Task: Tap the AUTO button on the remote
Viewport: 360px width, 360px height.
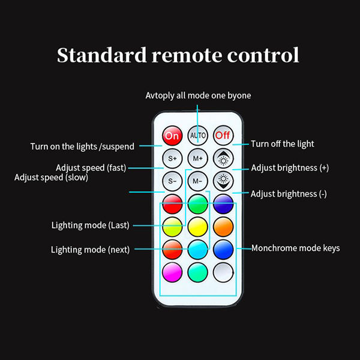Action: [197, 136]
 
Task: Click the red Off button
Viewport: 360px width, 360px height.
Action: [223, 136]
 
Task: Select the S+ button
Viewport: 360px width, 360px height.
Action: [172, 158]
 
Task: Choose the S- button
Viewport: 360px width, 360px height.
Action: [172, 180]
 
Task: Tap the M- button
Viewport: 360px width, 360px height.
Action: [197, 180]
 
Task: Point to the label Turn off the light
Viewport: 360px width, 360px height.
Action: [283, 144]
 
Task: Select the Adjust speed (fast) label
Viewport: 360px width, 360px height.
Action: [91, 167]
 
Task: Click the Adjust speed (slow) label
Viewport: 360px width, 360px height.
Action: [52, 178]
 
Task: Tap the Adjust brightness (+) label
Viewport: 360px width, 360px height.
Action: [290, 168]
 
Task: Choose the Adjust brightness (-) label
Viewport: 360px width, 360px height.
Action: [289, 194]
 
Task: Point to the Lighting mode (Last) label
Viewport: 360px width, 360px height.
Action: [91, 226]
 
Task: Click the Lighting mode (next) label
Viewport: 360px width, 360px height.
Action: [90, 250]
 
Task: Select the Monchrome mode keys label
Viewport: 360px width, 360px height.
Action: [295, 248]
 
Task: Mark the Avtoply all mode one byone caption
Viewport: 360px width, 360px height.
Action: [198, 95]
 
